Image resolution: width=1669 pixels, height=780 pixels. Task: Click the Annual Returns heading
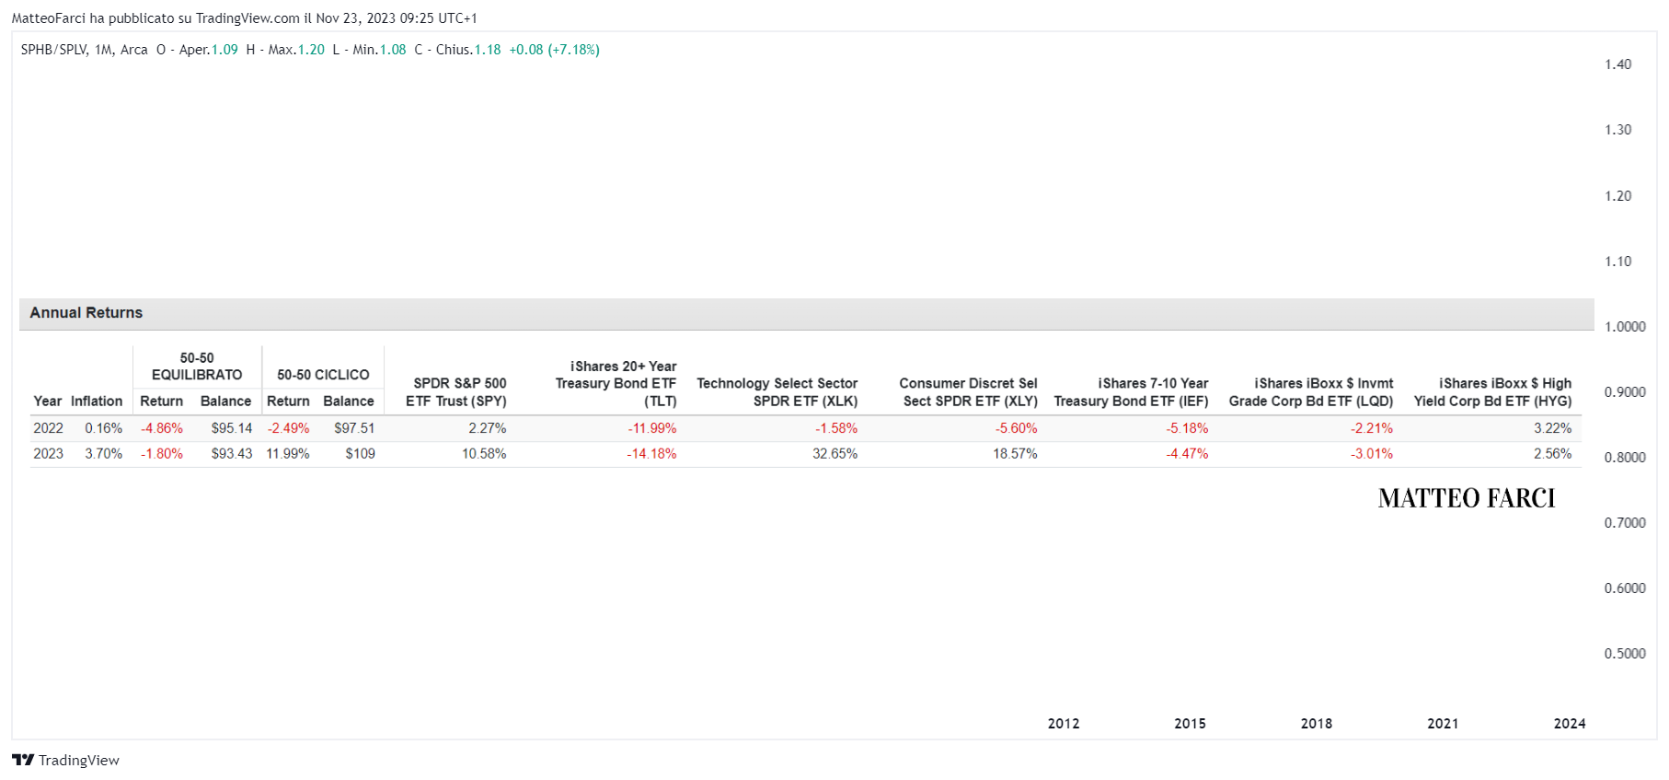[x=86, y=313]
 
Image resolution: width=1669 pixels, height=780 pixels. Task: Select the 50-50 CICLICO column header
[x=323, y=375]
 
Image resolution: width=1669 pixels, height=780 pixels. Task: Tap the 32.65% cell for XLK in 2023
[x=834, y=454]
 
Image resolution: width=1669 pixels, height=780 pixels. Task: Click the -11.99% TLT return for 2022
[x=652, y=428]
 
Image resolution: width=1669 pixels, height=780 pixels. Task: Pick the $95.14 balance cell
[x=232, y=428]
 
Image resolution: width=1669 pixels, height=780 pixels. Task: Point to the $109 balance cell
[x=361, y=454]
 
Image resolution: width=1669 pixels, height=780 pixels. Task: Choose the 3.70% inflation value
[x=104, y=454]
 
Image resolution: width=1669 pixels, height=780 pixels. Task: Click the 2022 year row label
[x=49, y=428]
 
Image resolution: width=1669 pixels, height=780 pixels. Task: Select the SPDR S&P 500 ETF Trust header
[x=456, y=392]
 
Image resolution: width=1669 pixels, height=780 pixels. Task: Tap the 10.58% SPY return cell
[x=484, y=454]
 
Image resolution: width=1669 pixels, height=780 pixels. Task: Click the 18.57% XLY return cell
[x=1015, y=454]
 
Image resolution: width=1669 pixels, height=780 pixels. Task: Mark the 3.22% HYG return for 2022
[x=1553, y=428]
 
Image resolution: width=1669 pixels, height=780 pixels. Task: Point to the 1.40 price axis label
[x=1618, y=64]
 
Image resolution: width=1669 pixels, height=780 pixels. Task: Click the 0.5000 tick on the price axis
[x=1625, y=654]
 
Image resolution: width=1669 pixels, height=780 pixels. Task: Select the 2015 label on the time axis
[x=1190, y=724]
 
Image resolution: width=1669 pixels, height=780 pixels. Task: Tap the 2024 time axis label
[x=1570, y=724]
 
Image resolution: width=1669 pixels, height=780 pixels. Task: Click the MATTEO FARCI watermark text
[x=1467, y=498]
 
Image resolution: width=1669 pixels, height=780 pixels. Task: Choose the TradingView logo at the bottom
[x=65, y=760]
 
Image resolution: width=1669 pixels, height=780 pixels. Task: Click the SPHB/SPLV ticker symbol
[x=53, y=50]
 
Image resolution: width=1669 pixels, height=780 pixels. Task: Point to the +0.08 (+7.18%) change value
[x=555, y=50]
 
